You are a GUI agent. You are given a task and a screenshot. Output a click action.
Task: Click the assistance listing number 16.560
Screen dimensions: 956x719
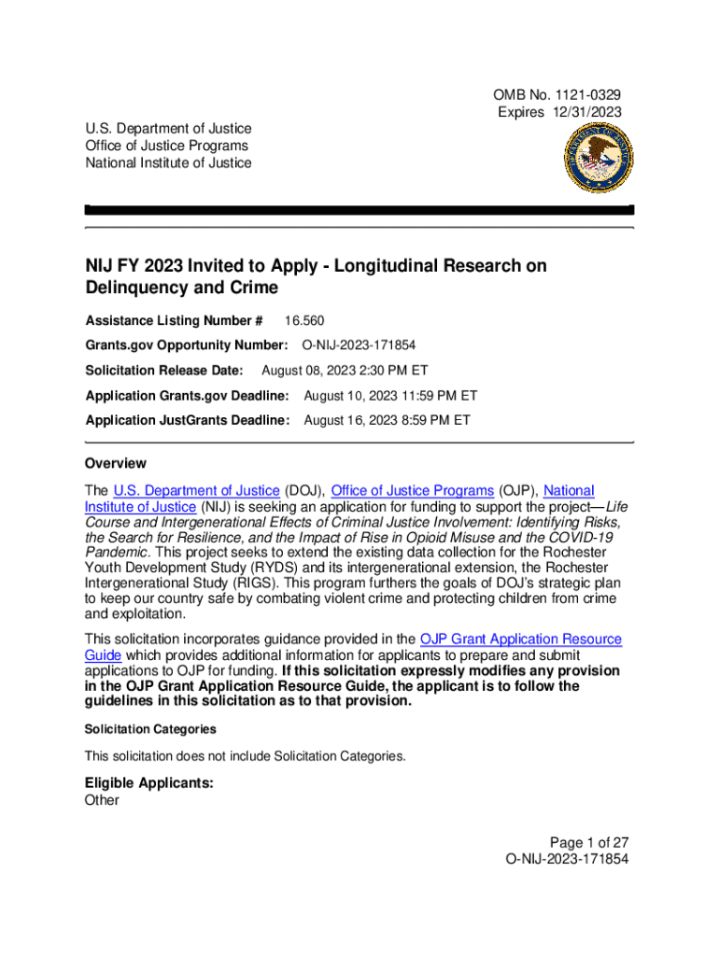click(x=304, y=320)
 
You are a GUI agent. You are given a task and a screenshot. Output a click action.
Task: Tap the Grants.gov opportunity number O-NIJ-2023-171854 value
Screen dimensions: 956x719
click(x=359, y=345)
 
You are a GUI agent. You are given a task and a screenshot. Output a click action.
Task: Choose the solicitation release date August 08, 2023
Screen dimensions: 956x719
click(x=321, y=371)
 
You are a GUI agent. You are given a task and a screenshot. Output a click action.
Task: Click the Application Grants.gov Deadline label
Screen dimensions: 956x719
click(x=187, y=396)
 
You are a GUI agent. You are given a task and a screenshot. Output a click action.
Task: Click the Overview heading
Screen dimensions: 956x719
click(x=116, y=463)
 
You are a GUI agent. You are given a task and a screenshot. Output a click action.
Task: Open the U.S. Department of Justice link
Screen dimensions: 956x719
click(x=196, y=490)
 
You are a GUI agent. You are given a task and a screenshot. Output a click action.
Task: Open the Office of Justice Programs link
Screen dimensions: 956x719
click(x=412, y=490)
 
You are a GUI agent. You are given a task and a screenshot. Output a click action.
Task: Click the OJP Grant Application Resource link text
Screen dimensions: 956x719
click(x=520, y=640)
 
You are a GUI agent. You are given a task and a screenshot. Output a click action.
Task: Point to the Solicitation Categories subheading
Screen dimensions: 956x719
click(x=150, y=729)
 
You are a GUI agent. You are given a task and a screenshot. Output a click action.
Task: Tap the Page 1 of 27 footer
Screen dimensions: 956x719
click(x=589, y=842)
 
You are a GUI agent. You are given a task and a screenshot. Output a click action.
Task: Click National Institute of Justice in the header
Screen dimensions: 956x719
click(x=168, y=162)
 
